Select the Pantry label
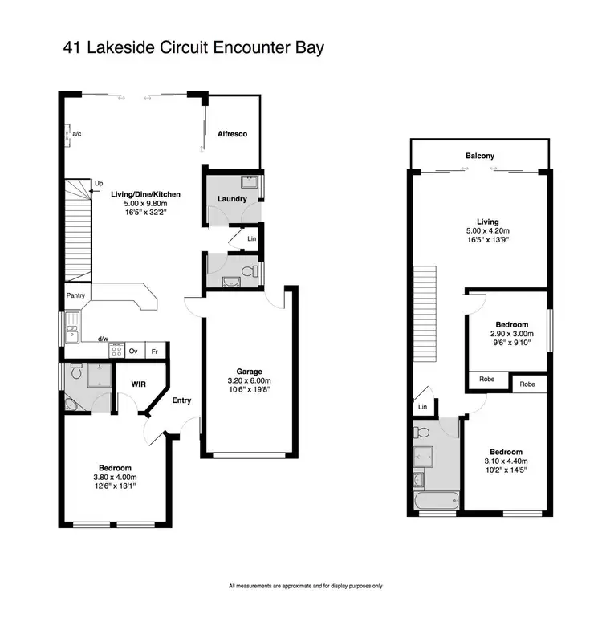(x=75, y=295)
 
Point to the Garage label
(x=250, y=371)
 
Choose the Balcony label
(x=479, y=156)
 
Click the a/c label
(x=77, y=134)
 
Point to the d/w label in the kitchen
(x=103, y=339)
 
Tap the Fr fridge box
(x=154, y=351)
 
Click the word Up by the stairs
(x=99, y=184)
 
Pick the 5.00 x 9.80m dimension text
(x=135, y=204)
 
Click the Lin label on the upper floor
(x=423, y=408)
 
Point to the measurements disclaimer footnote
(x=306, y=585)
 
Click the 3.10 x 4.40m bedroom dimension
(x=506, y=461)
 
